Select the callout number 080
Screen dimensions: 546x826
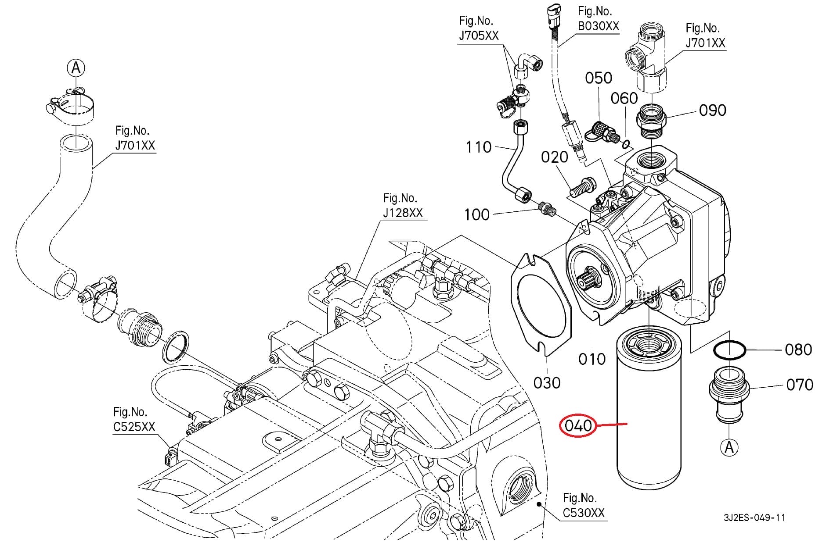point(798,350)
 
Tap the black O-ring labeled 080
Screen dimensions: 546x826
point(729,350)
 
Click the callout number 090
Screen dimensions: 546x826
point(712,110)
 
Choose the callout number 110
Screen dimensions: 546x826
point(478,147)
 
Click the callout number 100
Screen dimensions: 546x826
point(476,214)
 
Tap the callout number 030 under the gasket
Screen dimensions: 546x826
point(547,383)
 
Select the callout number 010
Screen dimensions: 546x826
point(592,359)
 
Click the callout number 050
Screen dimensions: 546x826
point(599,78)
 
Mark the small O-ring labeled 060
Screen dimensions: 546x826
point(627,144)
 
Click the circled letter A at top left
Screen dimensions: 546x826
point(76,68)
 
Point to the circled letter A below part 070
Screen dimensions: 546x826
point(729,447)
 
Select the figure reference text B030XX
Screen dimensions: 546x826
point(598,26)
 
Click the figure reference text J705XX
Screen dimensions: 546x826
point(479,36)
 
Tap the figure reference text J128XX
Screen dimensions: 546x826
point(403,213)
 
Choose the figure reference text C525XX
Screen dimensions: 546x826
point(134,427)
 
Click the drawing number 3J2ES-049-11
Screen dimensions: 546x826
point(754,518)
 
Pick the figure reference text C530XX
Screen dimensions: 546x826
point(584,513)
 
